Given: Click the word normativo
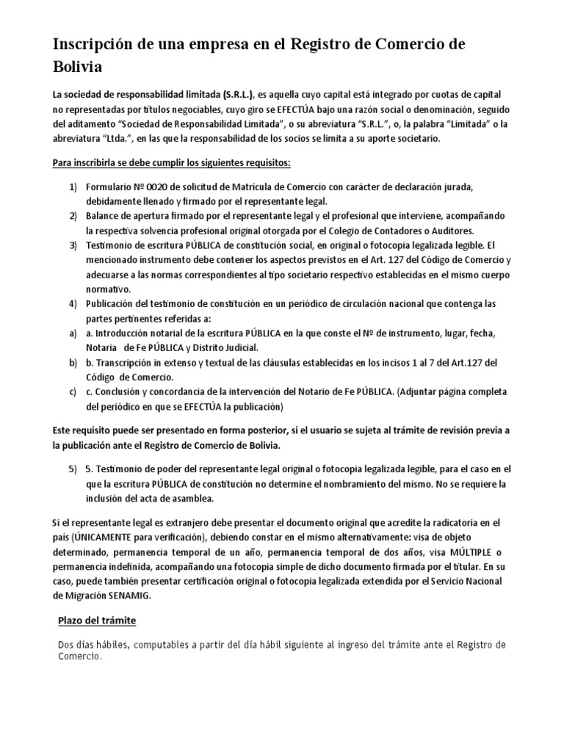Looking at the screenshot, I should pyautogui.click(x=110, y=290).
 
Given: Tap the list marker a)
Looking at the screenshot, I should pyautogui.click(x=73, y=333).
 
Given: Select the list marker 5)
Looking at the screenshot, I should pyautogui.click(x=73, y=469).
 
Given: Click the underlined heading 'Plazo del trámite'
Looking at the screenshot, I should pyautogui.click(x=98, y=621).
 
